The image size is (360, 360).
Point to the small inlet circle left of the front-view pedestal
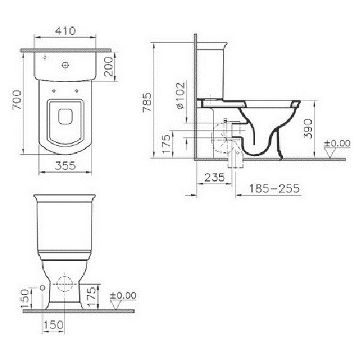pyautogui.click(x=42, y=288)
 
